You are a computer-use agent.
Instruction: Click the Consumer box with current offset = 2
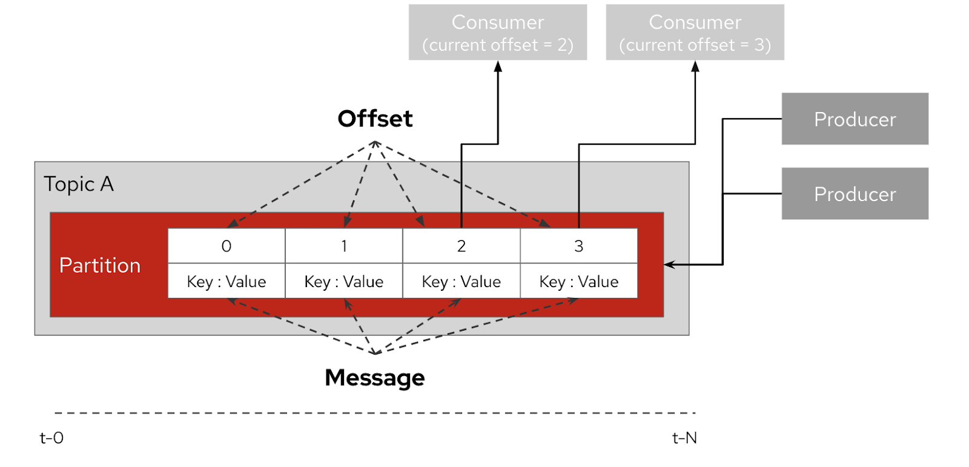tap(497, 33)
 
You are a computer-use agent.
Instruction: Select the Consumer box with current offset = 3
tap(695, 33)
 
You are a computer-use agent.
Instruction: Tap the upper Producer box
tap(855, 119)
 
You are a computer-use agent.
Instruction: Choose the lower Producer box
tap(855, 194)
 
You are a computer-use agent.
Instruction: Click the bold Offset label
tap(375, 119)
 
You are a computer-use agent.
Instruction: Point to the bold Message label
tap(375, 378)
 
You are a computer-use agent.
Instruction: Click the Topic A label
tap(79, 184)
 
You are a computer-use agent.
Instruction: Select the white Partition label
tap(100, 265)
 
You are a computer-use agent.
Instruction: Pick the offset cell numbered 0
tap(227, 246)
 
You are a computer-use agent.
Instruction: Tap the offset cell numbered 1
tap(344, 246)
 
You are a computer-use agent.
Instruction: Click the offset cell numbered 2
tap(461, 246)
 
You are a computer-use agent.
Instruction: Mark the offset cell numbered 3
tap(579, 246)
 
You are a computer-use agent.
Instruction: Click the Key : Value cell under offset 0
tap(227, 282)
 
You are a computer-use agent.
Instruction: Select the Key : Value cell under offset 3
tap(579, 282)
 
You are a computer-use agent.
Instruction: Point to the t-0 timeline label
tap(51, 438)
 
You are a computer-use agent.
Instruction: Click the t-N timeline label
tap(684, 438)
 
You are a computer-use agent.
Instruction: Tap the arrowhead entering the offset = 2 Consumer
tap(498, 66)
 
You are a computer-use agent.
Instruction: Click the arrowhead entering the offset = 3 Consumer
tap(695, 66)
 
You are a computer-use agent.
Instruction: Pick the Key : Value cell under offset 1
tap(344, 282)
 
